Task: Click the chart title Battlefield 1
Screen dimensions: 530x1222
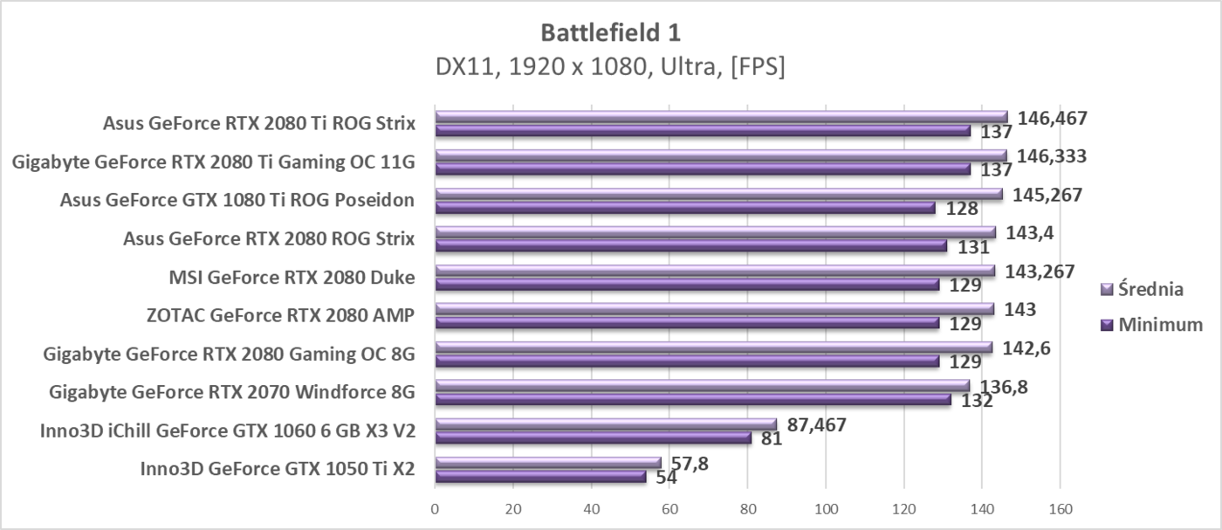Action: [610, 32]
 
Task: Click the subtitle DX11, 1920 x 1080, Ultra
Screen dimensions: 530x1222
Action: [610, 67]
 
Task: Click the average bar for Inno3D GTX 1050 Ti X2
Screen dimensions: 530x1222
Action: [548, 463]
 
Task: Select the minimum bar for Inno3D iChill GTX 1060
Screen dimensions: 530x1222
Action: [594, 438]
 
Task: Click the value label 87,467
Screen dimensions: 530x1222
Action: [817, 425]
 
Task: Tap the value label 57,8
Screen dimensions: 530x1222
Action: [689, 464]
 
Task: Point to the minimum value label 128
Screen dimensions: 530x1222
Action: [961, 209]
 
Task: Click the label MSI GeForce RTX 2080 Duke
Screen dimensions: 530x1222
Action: [292, 278]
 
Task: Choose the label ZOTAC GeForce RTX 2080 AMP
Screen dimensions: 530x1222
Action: [280, 316]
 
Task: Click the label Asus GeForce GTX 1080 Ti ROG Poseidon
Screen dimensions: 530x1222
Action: [237, 201]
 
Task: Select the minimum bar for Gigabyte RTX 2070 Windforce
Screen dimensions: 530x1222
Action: [693, 400]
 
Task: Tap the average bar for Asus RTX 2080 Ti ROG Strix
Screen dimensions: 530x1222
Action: [721, 117]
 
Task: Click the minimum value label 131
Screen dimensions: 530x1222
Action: [972, 247]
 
